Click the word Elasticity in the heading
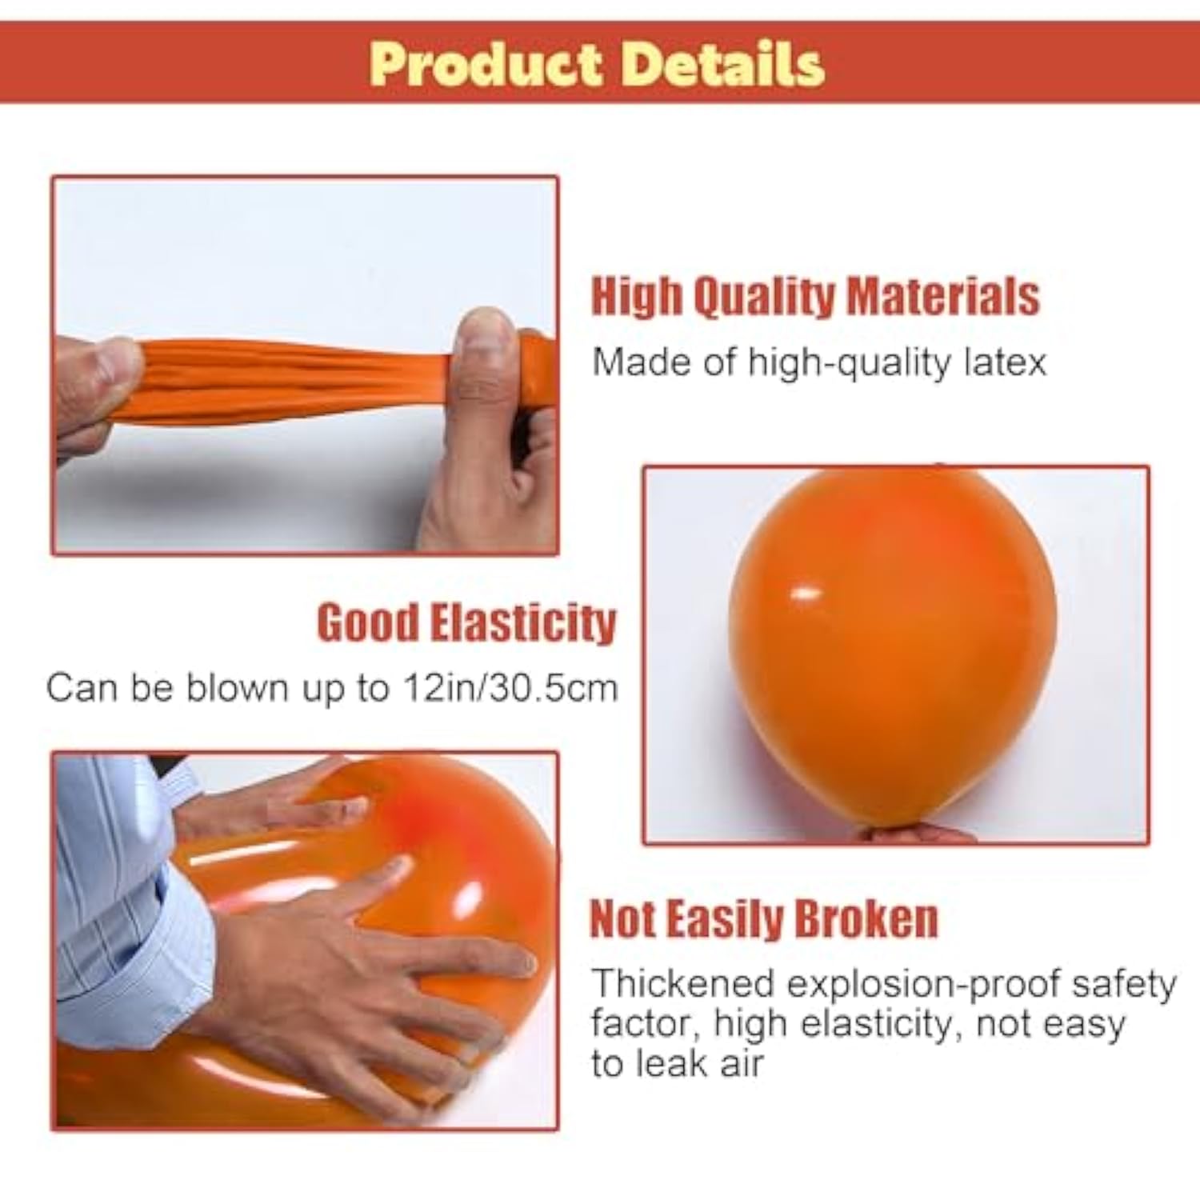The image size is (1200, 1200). point(523,622)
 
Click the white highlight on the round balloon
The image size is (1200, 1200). point(805,594)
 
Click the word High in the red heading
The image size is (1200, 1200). point(637,297)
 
